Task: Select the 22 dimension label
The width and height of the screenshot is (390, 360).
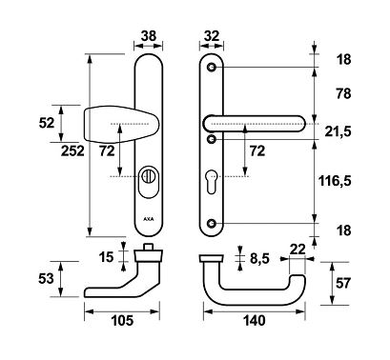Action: pyautogui.click(x=296, y=249)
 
